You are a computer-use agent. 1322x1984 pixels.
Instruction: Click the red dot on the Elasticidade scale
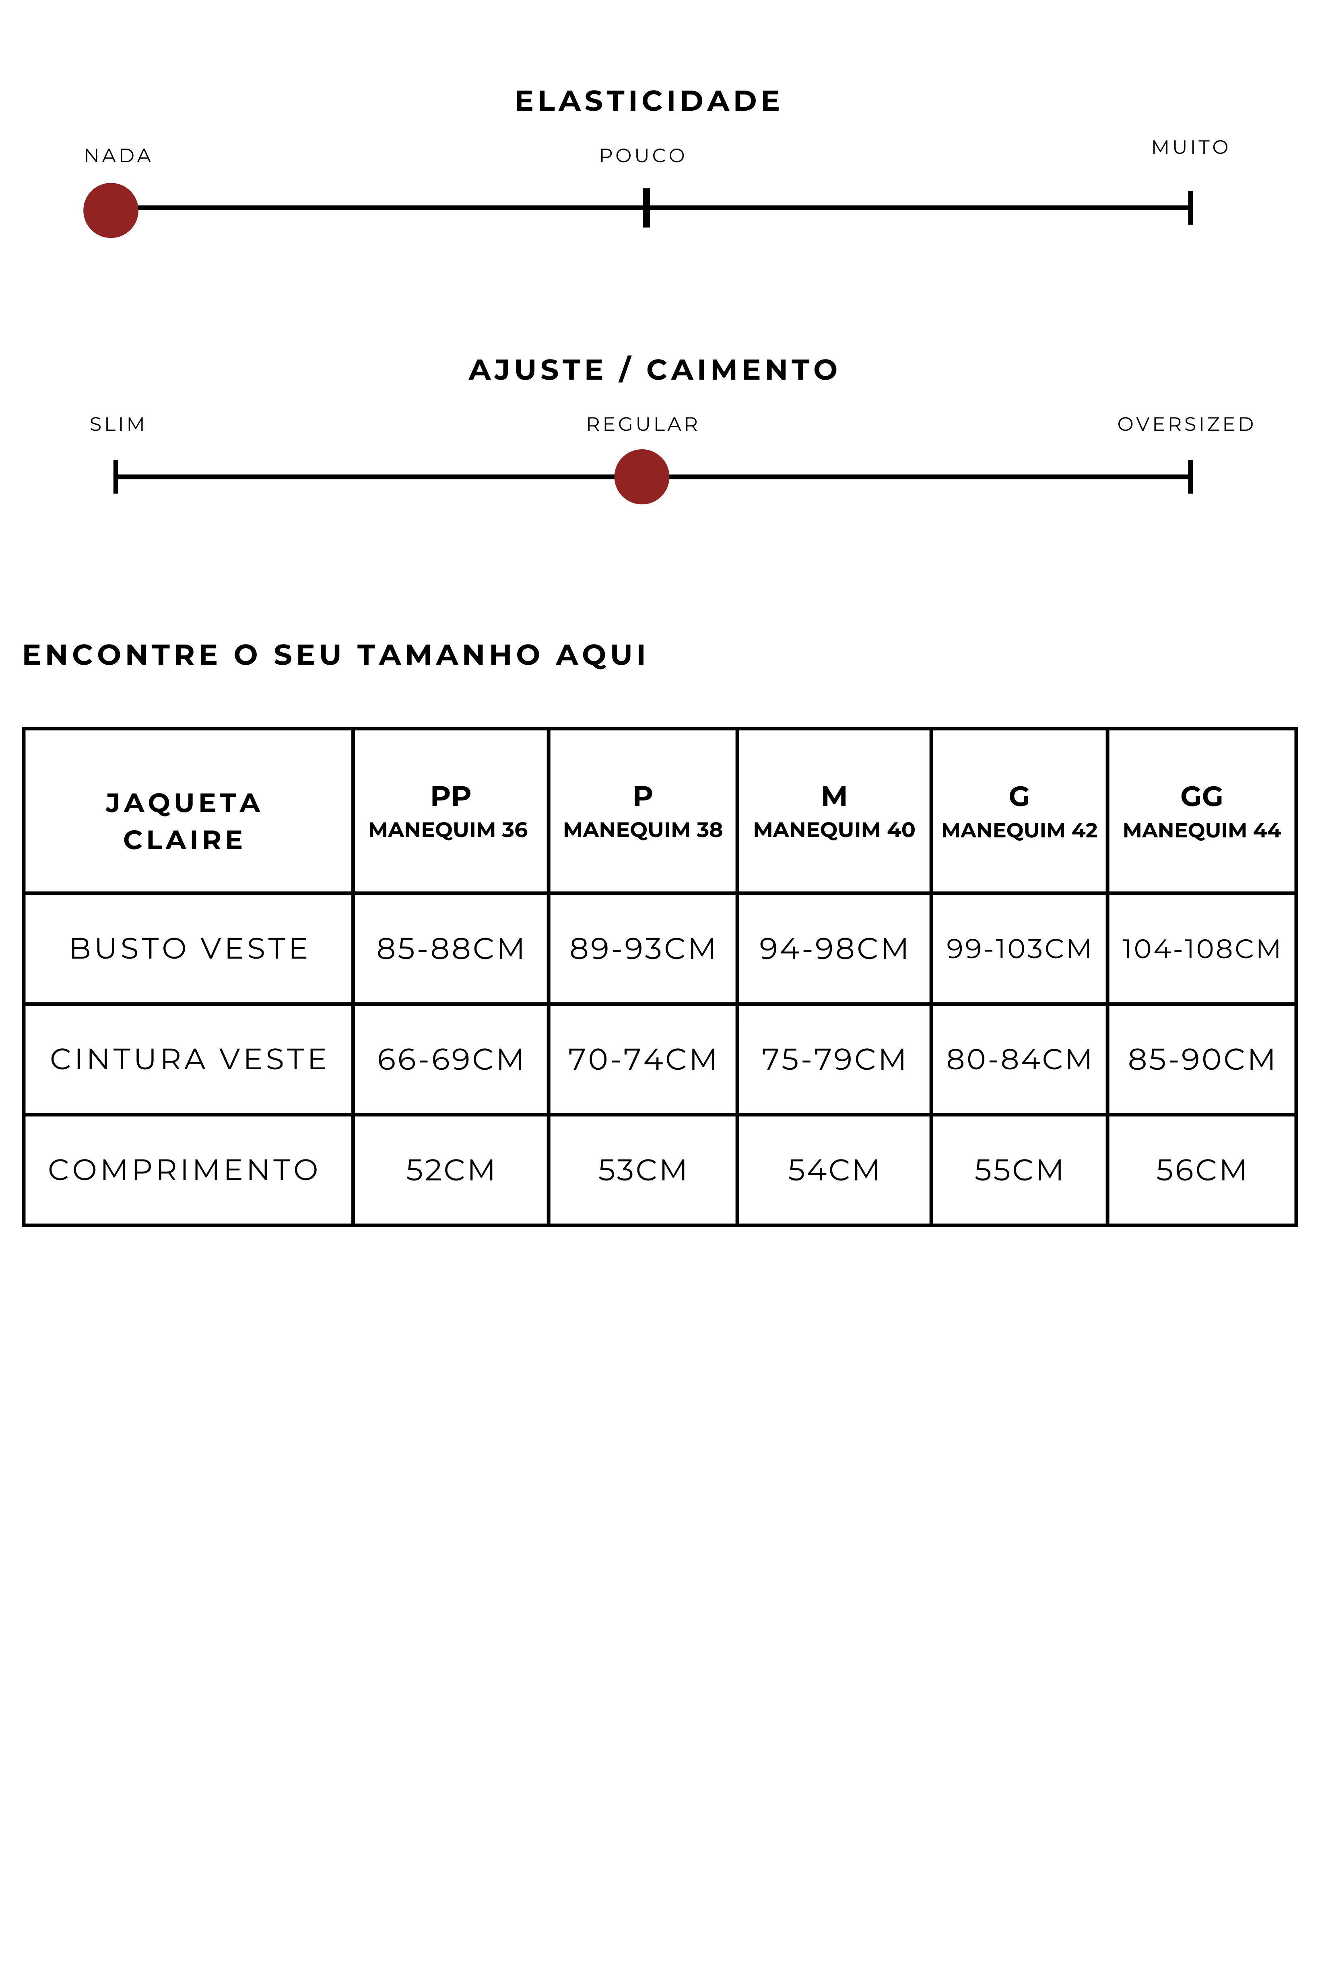(x=110, y=210)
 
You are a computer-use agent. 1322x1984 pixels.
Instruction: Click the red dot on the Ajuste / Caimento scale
(x=641, y=477)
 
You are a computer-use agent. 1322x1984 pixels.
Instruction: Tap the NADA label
(x=118, y=156)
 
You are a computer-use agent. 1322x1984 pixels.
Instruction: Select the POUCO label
(x=642, y=156)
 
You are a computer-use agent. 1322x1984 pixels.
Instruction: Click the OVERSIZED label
(x=1186, y=424)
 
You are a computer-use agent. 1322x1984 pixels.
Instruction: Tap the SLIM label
(x=117, y=424)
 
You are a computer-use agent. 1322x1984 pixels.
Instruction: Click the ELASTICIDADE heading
(x=648, y=101)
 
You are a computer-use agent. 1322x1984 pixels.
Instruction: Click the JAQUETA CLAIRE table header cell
(x=184, y=821)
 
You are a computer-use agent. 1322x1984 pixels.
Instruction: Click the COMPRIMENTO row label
(x=184, y=1170)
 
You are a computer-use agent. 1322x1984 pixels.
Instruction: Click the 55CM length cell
(x=1019, y=1170)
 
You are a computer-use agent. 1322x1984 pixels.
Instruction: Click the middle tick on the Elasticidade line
(x=646, y=207)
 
